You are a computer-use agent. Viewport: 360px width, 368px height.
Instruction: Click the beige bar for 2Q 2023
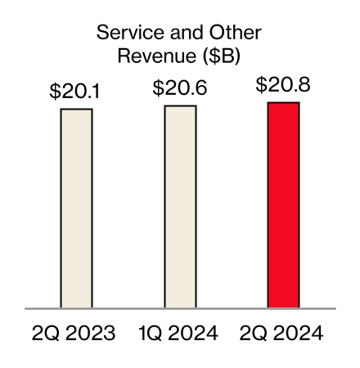[x=76, y=209]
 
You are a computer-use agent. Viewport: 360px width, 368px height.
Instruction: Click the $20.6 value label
[x=180, y=89]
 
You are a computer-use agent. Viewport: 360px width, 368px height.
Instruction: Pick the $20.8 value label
[x=283, y=85]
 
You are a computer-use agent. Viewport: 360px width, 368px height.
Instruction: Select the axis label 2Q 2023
[x=74, y=334]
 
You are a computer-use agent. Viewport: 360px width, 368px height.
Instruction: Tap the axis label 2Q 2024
[x=284, y=334]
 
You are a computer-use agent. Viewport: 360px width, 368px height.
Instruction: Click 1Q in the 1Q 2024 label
[x=151, y=334]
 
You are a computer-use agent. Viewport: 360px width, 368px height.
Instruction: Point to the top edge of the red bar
[x=284, y=103]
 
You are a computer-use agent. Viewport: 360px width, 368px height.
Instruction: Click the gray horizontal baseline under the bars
[x=180, y=309]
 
